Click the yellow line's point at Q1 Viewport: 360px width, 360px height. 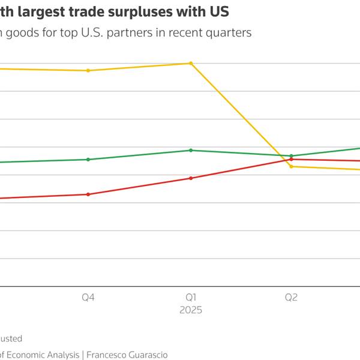[191, 63]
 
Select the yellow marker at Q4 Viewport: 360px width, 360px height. [88, 71]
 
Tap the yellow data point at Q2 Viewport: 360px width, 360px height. [291, 166]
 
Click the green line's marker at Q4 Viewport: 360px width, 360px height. [88, 160]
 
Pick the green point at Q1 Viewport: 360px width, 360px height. [191, 150]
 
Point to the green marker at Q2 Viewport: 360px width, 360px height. [291, 156]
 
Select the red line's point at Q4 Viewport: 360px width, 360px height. [88, 194]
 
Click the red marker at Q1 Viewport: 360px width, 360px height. [191, 178]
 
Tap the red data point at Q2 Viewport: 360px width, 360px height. [291, 160]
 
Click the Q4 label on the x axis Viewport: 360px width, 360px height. [88, 297]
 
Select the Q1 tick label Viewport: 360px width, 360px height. [191, 297]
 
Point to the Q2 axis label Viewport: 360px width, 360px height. [291, 297]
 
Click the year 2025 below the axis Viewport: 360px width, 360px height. [191, 310]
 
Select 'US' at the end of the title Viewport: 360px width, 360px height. [220, 11]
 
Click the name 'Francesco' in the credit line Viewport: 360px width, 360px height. [110, 355]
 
